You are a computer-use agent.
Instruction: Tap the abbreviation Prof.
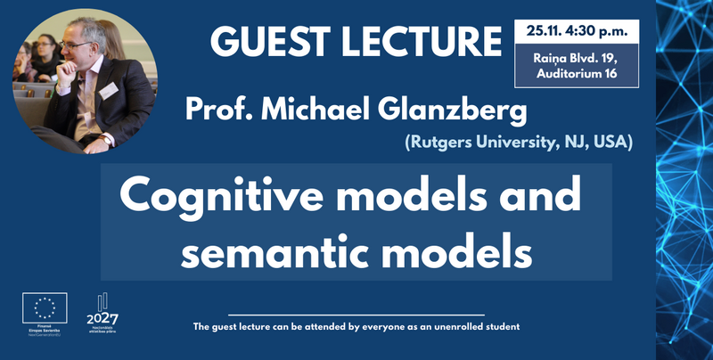[213, 113]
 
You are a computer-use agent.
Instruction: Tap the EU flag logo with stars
[44, 308]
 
